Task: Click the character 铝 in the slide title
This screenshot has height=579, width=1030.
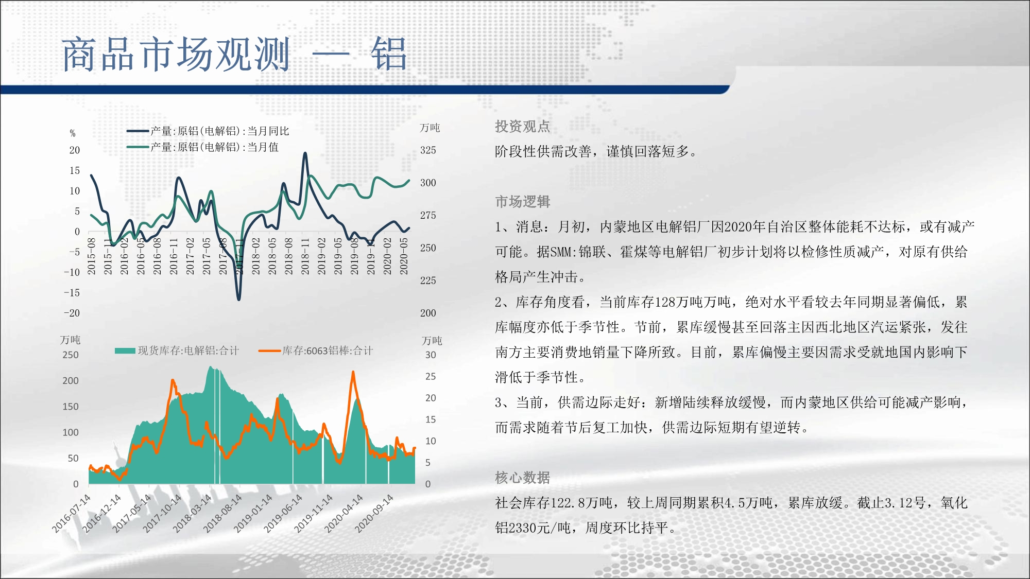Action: tap(389, 54)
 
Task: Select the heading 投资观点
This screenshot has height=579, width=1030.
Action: tap(522, 126)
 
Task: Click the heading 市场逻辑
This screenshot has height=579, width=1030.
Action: tap(522, 201)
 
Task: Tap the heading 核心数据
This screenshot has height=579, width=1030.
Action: tap(522, 478)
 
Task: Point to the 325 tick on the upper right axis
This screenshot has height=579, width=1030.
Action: tap(428, 150)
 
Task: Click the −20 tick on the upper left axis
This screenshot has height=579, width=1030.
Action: tap(72, 313)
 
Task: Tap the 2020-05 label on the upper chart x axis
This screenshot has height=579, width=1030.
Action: tap(404, 256)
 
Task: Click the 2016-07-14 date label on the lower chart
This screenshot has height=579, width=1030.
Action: tap(71, 513)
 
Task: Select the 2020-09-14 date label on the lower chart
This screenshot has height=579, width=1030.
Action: tap(374, 513)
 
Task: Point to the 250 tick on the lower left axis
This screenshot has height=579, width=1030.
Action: tap(71, 355)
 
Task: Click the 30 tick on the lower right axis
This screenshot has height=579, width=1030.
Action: tap(431, 355)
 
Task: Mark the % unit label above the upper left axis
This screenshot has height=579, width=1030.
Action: tap(73, 133)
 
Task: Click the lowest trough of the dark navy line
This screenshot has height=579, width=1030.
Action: tap(238, 299)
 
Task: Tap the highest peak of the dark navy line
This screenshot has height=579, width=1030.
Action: tap(305, 153)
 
